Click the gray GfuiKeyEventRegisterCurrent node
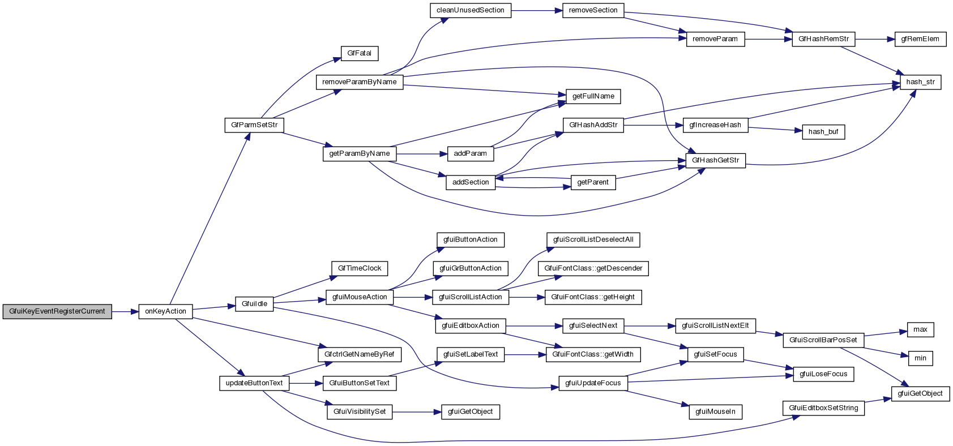pos(57,311)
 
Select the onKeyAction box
pos(165,311)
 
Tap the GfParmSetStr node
pos(254,125)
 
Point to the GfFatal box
pos(360,53)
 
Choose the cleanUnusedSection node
pos(470,10)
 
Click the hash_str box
pos(920,82)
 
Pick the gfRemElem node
pos(920,39)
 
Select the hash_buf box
pos(823,132)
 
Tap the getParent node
pos(593,182)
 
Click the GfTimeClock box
pos(360,268)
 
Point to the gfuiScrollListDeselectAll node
pos(593,240)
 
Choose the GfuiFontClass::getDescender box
pos(593,268)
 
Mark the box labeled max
pos(920,329)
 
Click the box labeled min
pos(920,358)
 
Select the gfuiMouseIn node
pos(715,412)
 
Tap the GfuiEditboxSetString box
pos(823,408)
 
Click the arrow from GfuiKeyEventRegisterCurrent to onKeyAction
pos(125,311)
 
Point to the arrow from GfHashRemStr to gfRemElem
pos(875,39)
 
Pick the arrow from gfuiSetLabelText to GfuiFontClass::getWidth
pos(525,355)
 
